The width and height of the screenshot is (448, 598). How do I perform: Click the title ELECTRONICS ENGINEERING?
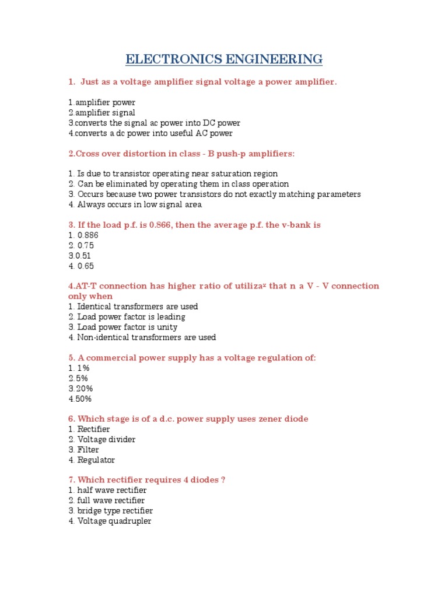click(x=224, y=59)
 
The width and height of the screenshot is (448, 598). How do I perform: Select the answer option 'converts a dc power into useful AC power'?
click(x=150, y=133)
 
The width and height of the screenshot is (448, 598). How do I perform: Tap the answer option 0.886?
click(x=84, y=235)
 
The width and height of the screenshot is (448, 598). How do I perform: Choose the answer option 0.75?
click(x=81, y=245)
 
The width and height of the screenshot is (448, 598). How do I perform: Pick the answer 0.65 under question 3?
click(x=81, y=266)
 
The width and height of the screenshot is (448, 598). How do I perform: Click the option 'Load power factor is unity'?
click(x=123, y=327)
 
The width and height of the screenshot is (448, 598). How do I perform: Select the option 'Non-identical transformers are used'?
click(x=142, y=337)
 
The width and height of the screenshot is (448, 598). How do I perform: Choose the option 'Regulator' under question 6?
click(x=92, y=460)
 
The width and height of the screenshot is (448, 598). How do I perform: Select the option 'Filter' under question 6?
click(x=84, y=450)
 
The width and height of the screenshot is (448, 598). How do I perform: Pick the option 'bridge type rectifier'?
click(x=111, y=510)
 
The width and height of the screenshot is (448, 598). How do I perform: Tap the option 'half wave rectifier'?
click(x=108, y=490)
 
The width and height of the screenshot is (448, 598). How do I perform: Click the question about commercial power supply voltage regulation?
click(x=192, y=357)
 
